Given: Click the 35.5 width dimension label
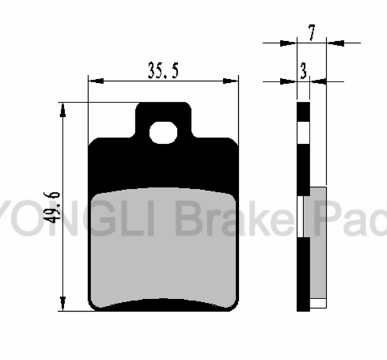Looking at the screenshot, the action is tap(163, 71).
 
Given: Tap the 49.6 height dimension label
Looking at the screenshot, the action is tap(52, 207).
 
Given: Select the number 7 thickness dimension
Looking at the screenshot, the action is tap(312, 32).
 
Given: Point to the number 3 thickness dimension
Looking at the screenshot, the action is tap(303, 71).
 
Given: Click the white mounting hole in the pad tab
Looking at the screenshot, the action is tap(163, 133).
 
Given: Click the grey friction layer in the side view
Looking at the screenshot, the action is tap(319, 243).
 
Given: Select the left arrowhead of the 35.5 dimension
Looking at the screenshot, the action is tap(96, 80).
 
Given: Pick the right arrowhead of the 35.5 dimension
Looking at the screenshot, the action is tap(231, 80).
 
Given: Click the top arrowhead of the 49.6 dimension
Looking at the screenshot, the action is tap(63, 110).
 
